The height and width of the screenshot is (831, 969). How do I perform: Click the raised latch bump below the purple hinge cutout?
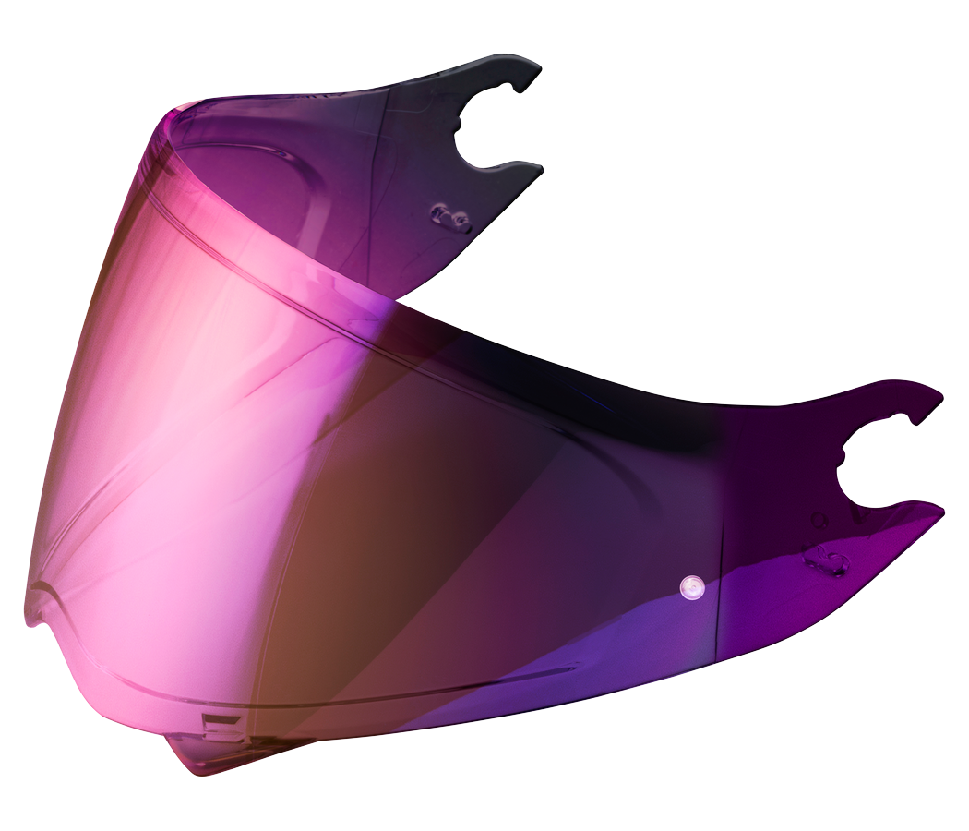[825, 560]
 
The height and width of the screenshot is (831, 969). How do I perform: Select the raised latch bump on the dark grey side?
[450, 218]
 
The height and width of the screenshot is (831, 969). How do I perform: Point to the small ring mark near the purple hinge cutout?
[816, 520]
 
